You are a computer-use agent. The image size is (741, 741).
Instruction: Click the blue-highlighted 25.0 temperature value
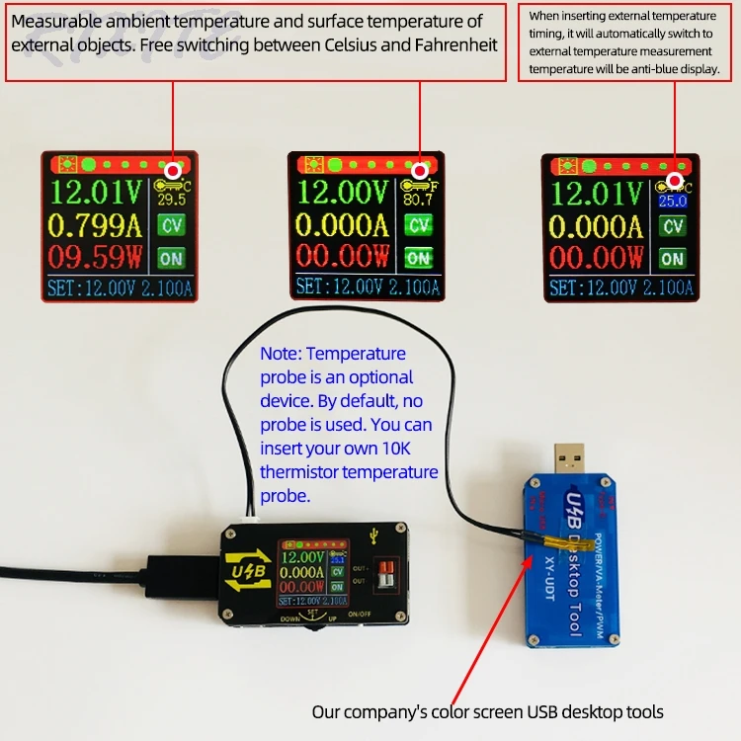click(x=673, y=201)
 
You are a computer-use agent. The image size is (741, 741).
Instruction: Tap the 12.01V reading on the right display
click(x=596, y=192)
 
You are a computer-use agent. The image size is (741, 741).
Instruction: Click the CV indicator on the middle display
click(x=419, y=225)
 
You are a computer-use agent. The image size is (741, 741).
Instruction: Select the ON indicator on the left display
click(x=172, y=258)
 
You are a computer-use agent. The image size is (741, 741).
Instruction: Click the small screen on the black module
click(x=311, y=571)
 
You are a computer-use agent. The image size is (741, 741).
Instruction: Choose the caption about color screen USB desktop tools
click(x=488, y=711)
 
